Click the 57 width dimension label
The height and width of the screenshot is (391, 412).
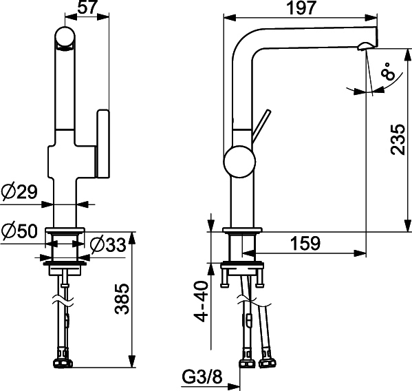coord(88,7)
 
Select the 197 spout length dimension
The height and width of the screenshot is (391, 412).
coord(301,8)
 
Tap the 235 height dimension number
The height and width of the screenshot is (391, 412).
coord(398,139)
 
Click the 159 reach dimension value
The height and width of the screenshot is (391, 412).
coord(305,243)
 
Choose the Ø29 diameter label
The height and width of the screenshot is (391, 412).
coord(19,191)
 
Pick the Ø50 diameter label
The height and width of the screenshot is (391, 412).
coord(19,232)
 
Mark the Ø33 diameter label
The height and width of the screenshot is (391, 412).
coord(108,245)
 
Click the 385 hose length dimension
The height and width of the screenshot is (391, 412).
coord(122,299)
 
